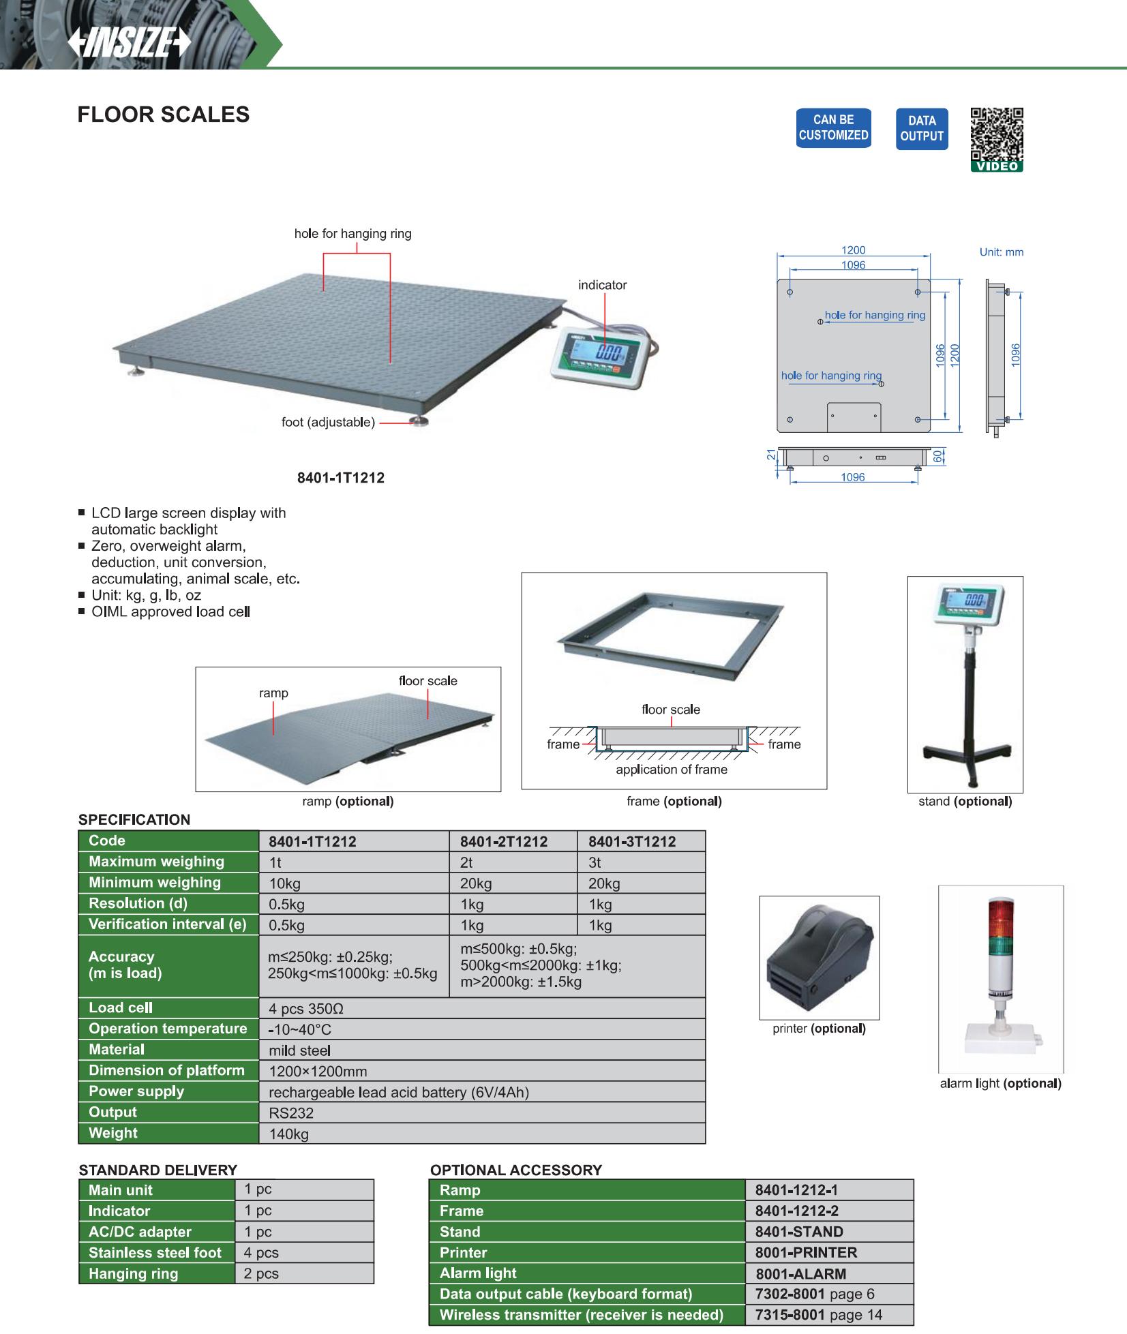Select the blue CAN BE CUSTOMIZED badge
tap(833, 127)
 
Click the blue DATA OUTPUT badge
tap(921, 128)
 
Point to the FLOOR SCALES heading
tap(164, 115)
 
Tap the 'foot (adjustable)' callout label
tap(328, 423)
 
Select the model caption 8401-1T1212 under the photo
tap(340, 478)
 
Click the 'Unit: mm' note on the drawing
tap(1001, 252)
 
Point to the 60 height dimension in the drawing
tap(938, 456)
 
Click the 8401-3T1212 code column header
tap(631, 842)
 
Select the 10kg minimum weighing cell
tap(285, 884)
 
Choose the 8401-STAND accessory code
tap(799, 1232)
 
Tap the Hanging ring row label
tap(133, 1274)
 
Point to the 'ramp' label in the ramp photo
tap(273, 693)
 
